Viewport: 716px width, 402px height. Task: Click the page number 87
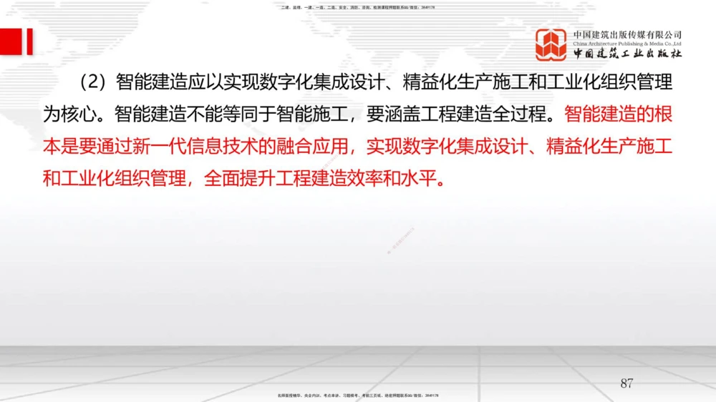coord(626,383)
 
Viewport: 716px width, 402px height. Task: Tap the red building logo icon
coord(552,44)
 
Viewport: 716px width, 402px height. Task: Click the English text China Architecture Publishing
coord(627,44)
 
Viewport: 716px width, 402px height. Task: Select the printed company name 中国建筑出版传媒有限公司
coord(627,34)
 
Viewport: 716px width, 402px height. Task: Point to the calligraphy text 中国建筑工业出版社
coord(627,54)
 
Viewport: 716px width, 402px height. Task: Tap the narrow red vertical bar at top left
coord(30,41)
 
